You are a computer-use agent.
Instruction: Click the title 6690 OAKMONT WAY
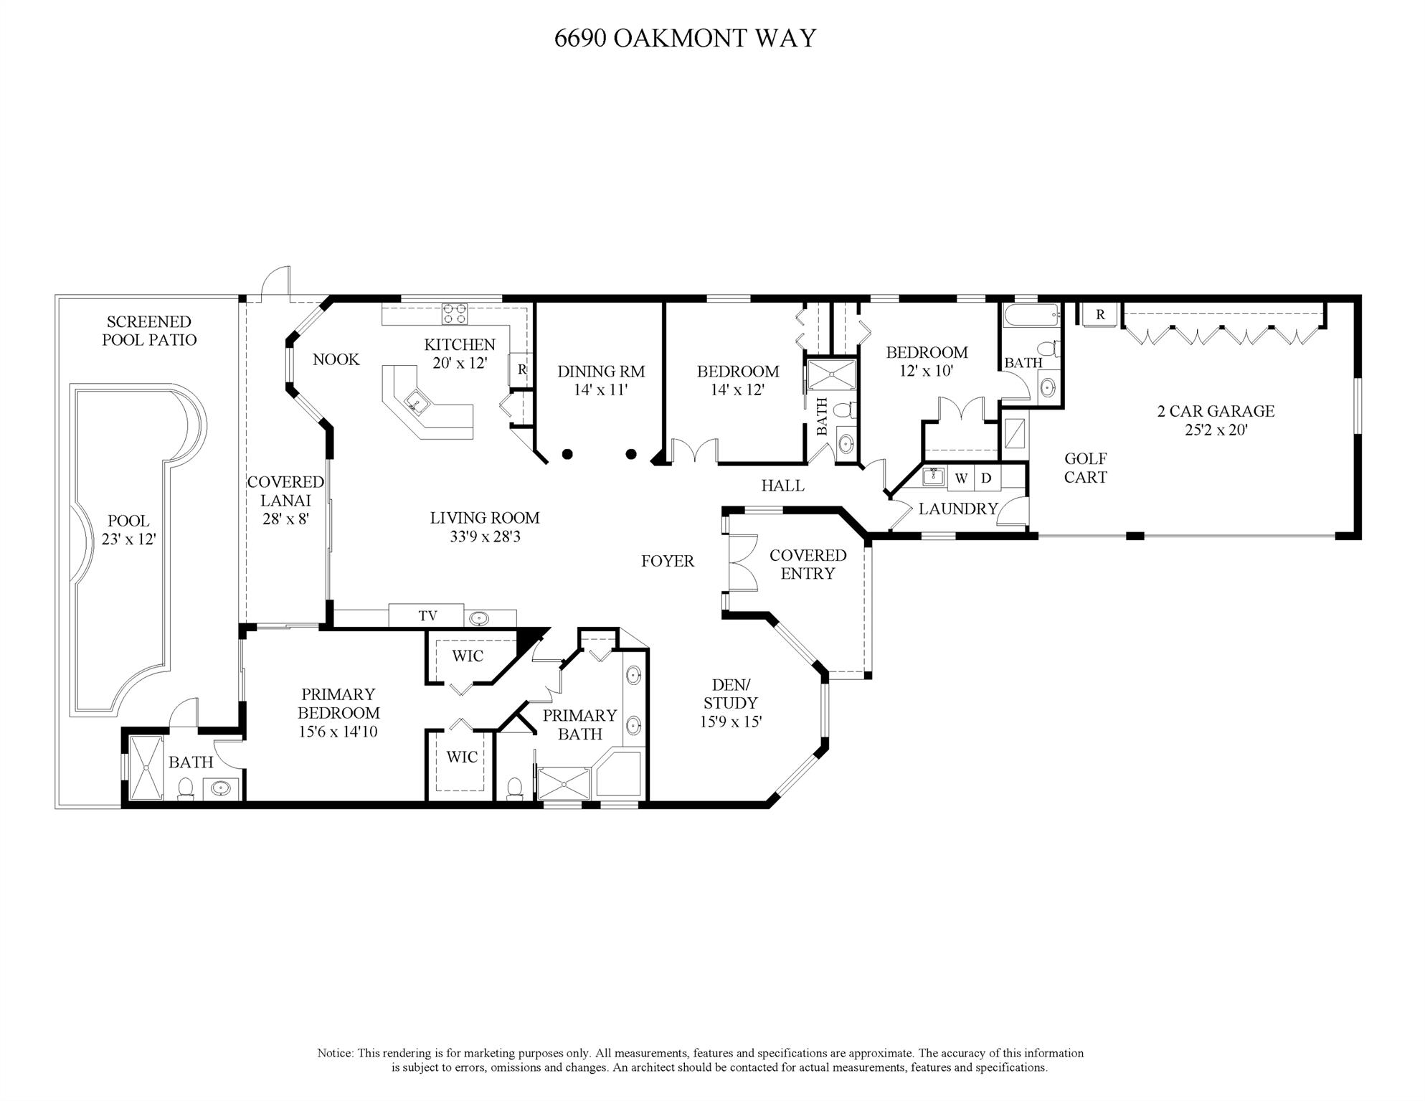685,37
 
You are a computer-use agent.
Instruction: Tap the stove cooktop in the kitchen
455,313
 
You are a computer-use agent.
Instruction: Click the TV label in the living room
427,615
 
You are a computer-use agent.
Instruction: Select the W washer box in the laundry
961,478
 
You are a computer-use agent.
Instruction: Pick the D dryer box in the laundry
987,478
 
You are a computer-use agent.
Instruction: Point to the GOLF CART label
1085,468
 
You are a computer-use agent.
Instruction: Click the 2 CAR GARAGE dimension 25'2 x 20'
1216,430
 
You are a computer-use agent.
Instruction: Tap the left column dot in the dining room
567,453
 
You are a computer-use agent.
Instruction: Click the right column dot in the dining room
631,453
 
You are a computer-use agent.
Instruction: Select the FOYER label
668,561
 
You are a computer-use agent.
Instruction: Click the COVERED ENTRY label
808,564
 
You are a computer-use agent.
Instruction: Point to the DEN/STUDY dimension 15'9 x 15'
731,722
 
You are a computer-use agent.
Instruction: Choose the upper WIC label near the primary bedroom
468,656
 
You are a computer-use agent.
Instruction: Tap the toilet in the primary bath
515,788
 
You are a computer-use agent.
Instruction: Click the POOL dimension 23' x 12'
128,539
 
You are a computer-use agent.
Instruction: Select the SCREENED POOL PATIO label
148,331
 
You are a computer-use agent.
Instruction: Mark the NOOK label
336,359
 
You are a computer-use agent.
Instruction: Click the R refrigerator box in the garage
1100,315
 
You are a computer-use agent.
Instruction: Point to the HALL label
782,486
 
